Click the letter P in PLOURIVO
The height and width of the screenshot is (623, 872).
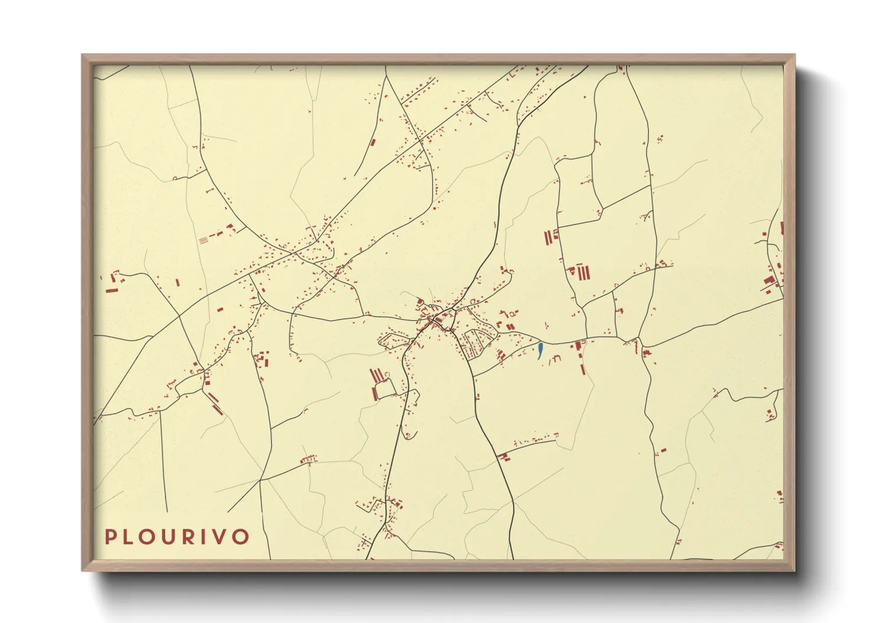tap(110, 536)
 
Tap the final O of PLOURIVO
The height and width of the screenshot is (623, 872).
tap(242, 536)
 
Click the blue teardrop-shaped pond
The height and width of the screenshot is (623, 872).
tap(540, 351)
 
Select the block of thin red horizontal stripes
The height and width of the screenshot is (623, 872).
tap(203, 240)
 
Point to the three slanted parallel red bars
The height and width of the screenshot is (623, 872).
tap(376, 375)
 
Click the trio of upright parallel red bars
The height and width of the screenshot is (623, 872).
tap(583, 272)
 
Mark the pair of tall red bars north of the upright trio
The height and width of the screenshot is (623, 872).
tap(549, 237)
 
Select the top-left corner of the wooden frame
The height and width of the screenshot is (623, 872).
tap(82, 55)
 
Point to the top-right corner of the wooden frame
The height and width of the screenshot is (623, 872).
tap(794, 55)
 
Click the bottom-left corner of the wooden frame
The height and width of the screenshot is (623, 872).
tap(82, 570)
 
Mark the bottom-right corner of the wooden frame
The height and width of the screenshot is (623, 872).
tap(794, 570)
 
